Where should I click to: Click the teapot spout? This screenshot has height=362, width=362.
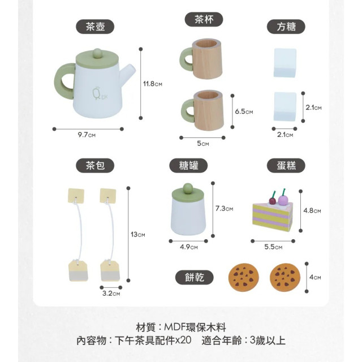click(x=129, y=72)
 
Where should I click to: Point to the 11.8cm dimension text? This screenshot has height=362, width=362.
click(x=153, y=84)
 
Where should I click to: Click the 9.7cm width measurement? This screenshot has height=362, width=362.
click(x=88, y=135)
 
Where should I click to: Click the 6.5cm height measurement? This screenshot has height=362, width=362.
click(x=243, y=111)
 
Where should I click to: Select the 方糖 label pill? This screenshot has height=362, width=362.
click(x=286, y=26)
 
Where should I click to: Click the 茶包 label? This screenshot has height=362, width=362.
click(x=95, y=165)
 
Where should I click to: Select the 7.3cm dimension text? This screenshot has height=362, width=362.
click(x=224, y=208)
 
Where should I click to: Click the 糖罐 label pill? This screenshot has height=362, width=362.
click(x=189, y=165)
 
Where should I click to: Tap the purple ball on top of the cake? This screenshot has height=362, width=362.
click(x=283, y=200)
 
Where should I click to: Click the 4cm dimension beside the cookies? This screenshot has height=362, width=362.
click(x=315, y=277)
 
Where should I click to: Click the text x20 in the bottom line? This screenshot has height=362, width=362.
click(x=183, y=340)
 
